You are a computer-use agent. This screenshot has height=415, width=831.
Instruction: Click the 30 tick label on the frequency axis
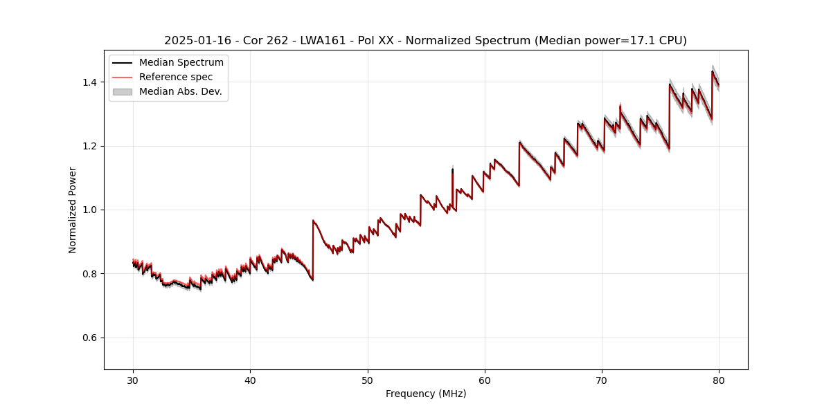point(133,380)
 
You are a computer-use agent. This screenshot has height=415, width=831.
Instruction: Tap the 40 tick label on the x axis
point(250,380)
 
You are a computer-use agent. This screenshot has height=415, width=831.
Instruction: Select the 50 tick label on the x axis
point(367,380)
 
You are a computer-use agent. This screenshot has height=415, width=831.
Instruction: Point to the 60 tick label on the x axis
point(485,380)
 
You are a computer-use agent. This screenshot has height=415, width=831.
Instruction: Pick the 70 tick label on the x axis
point(602,380)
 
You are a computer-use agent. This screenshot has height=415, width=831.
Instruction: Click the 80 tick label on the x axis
point(719,380)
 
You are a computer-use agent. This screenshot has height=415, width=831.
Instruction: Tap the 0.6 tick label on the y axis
point(89,338)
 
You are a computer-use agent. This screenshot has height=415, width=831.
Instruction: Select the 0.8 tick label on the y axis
point(89,274)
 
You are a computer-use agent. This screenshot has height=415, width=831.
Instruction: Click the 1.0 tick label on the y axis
point(89,210)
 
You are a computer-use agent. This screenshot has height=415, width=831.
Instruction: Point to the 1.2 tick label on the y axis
point(89,146)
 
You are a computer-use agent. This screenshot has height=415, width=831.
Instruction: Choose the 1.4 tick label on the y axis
point(89,82)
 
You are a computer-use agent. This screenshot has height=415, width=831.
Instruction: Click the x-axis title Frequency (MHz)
point(426,394)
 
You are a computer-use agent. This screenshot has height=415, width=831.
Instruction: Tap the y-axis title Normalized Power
point(73,210)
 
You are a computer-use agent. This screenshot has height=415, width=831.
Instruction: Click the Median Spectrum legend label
point(181,63)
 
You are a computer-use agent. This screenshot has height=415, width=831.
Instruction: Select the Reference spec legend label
point(176,77)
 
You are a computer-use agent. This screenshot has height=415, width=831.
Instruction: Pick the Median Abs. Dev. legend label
point(180,92)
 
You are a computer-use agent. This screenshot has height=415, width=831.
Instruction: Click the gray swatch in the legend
point(122,92)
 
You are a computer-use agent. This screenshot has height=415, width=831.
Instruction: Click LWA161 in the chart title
point(323,41)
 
